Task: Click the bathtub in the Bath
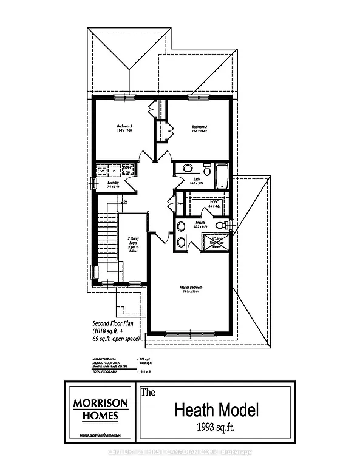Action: pyautogui.click(x=222, y=178)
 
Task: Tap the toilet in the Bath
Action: pyautogui.click(x=206, y=168)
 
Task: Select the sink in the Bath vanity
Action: pyautogui.click(x=188, y=168)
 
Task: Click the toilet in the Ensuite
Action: pyautogui.click(x=222, y=225)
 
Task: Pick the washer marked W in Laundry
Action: pyautogui.click(x=102, y=171)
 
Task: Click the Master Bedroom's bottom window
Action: pyautogui.click(x=191, y=333)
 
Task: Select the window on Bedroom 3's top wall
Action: pyautogui.click(x=126, y=97)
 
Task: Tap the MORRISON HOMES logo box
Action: pyautogui.click(x=101, y=410)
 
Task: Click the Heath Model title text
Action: pyautogui.click(x=217, y=410)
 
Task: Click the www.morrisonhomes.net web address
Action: pyautogui.click(x=101, y=436)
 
